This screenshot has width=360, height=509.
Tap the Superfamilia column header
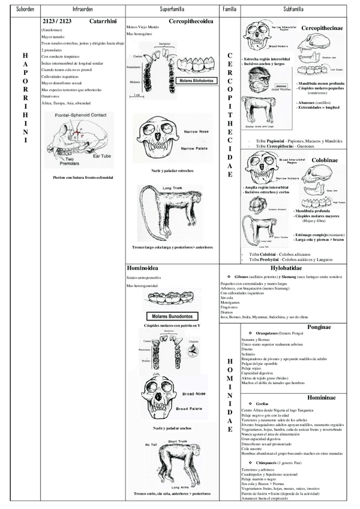[x=172, y=11]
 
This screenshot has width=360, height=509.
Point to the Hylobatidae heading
[x=290, y=268]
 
